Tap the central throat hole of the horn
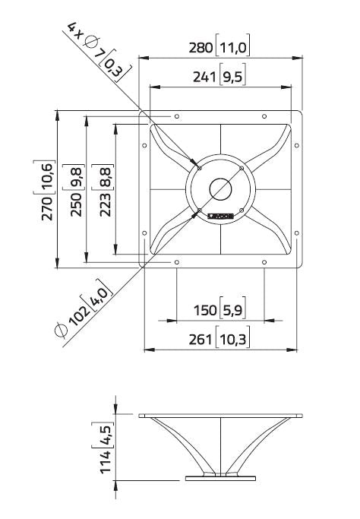(220, 188)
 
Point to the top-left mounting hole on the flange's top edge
(177, 116)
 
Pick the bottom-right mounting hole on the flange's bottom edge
(264, 262)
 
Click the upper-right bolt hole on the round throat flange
(241, 168)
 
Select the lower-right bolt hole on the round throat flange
(241, 210)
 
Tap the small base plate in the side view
(220, 477)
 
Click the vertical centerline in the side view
(220, 448)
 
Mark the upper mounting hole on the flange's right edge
(297, 144)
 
